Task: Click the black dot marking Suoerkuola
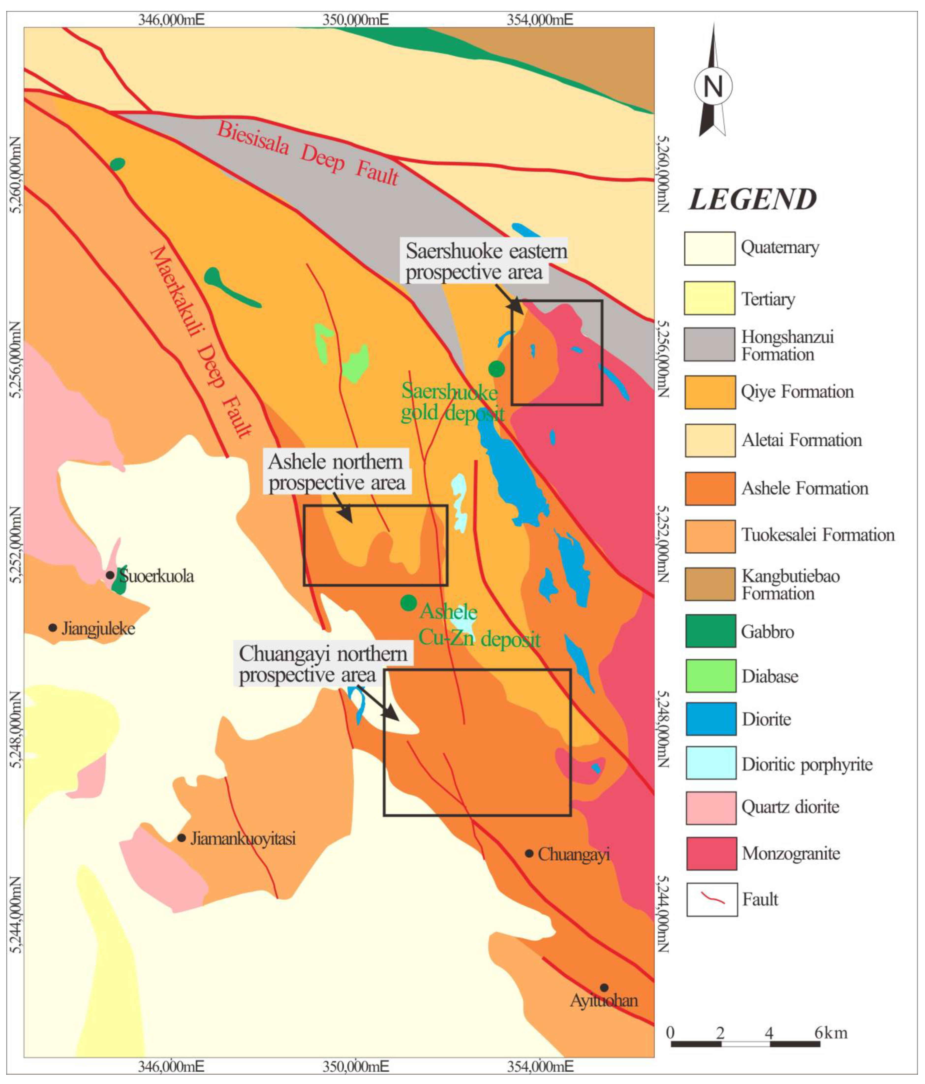(x=110, y=575)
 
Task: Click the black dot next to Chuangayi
(x=529, y=853)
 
